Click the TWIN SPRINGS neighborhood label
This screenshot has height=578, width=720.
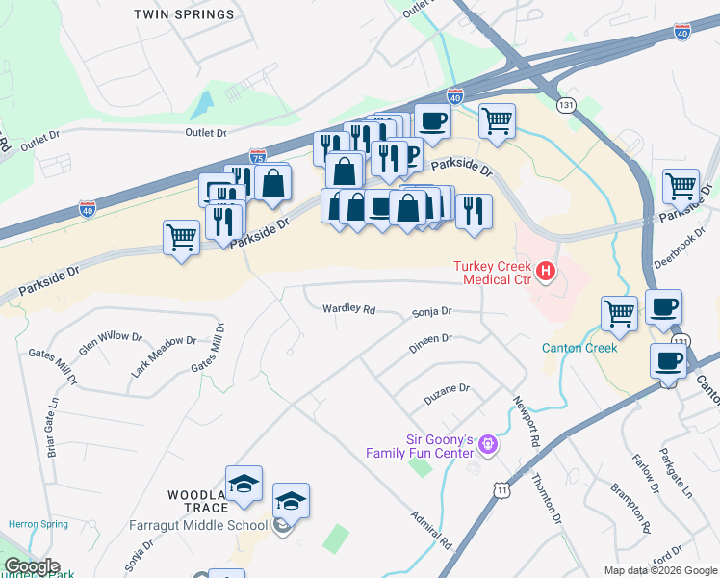pos(184,14)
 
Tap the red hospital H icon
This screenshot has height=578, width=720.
pos(546,273)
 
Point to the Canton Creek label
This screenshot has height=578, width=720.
pos(579,348)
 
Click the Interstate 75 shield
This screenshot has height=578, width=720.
pos(257,155)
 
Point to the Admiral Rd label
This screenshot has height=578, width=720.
pos(430,530)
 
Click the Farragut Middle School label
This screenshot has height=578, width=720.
pos(198,525)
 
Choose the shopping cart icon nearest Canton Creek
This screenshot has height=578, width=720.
pos(619,312)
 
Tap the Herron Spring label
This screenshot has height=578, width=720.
pos(39,524)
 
